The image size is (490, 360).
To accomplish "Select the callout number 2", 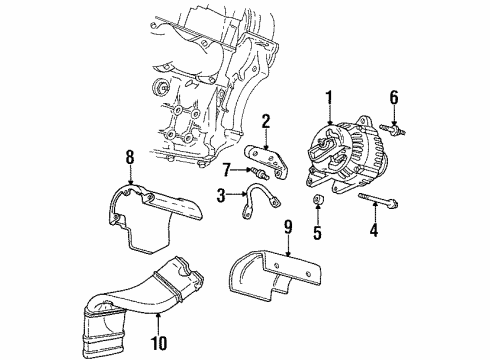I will (x=266, y=121).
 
